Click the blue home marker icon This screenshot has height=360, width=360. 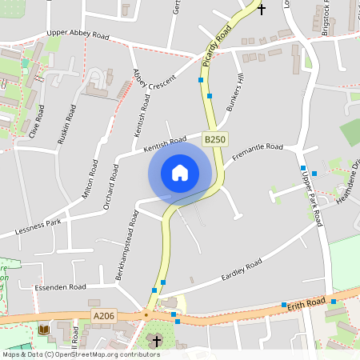coord(180,173)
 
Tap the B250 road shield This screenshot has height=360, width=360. coord(214,139)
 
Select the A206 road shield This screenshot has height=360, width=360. coord(104,316)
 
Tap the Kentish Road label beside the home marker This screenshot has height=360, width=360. coord(165,145)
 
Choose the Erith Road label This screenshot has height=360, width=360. coord(308,302)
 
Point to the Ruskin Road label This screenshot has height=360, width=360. coord(66,124)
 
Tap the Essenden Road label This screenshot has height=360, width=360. coord(60,286)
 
